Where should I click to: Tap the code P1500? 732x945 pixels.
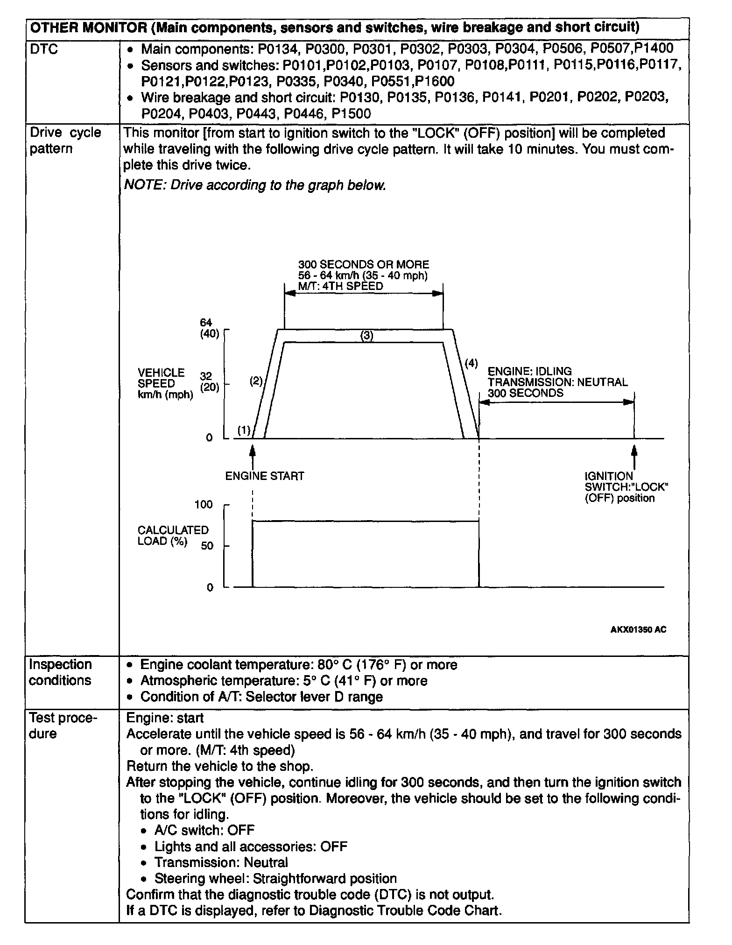(351, 114)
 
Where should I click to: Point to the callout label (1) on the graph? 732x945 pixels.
(244, 430)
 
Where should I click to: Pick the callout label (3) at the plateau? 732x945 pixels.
(367, 335)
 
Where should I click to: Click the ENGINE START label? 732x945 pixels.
(265, 476)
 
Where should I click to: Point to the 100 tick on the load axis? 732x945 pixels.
(203, 505)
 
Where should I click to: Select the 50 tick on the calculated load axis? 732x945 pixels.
(207, 546)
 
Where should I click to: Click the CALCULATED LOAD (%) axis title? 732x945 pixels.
(173, 536)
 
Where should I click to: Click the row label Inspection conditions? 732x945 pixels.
(60, 672)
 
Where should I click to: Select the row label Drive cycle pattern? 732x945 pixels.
(65, 141)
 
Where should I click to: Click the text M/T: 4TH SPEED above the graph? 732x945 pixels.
(340, 286)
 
